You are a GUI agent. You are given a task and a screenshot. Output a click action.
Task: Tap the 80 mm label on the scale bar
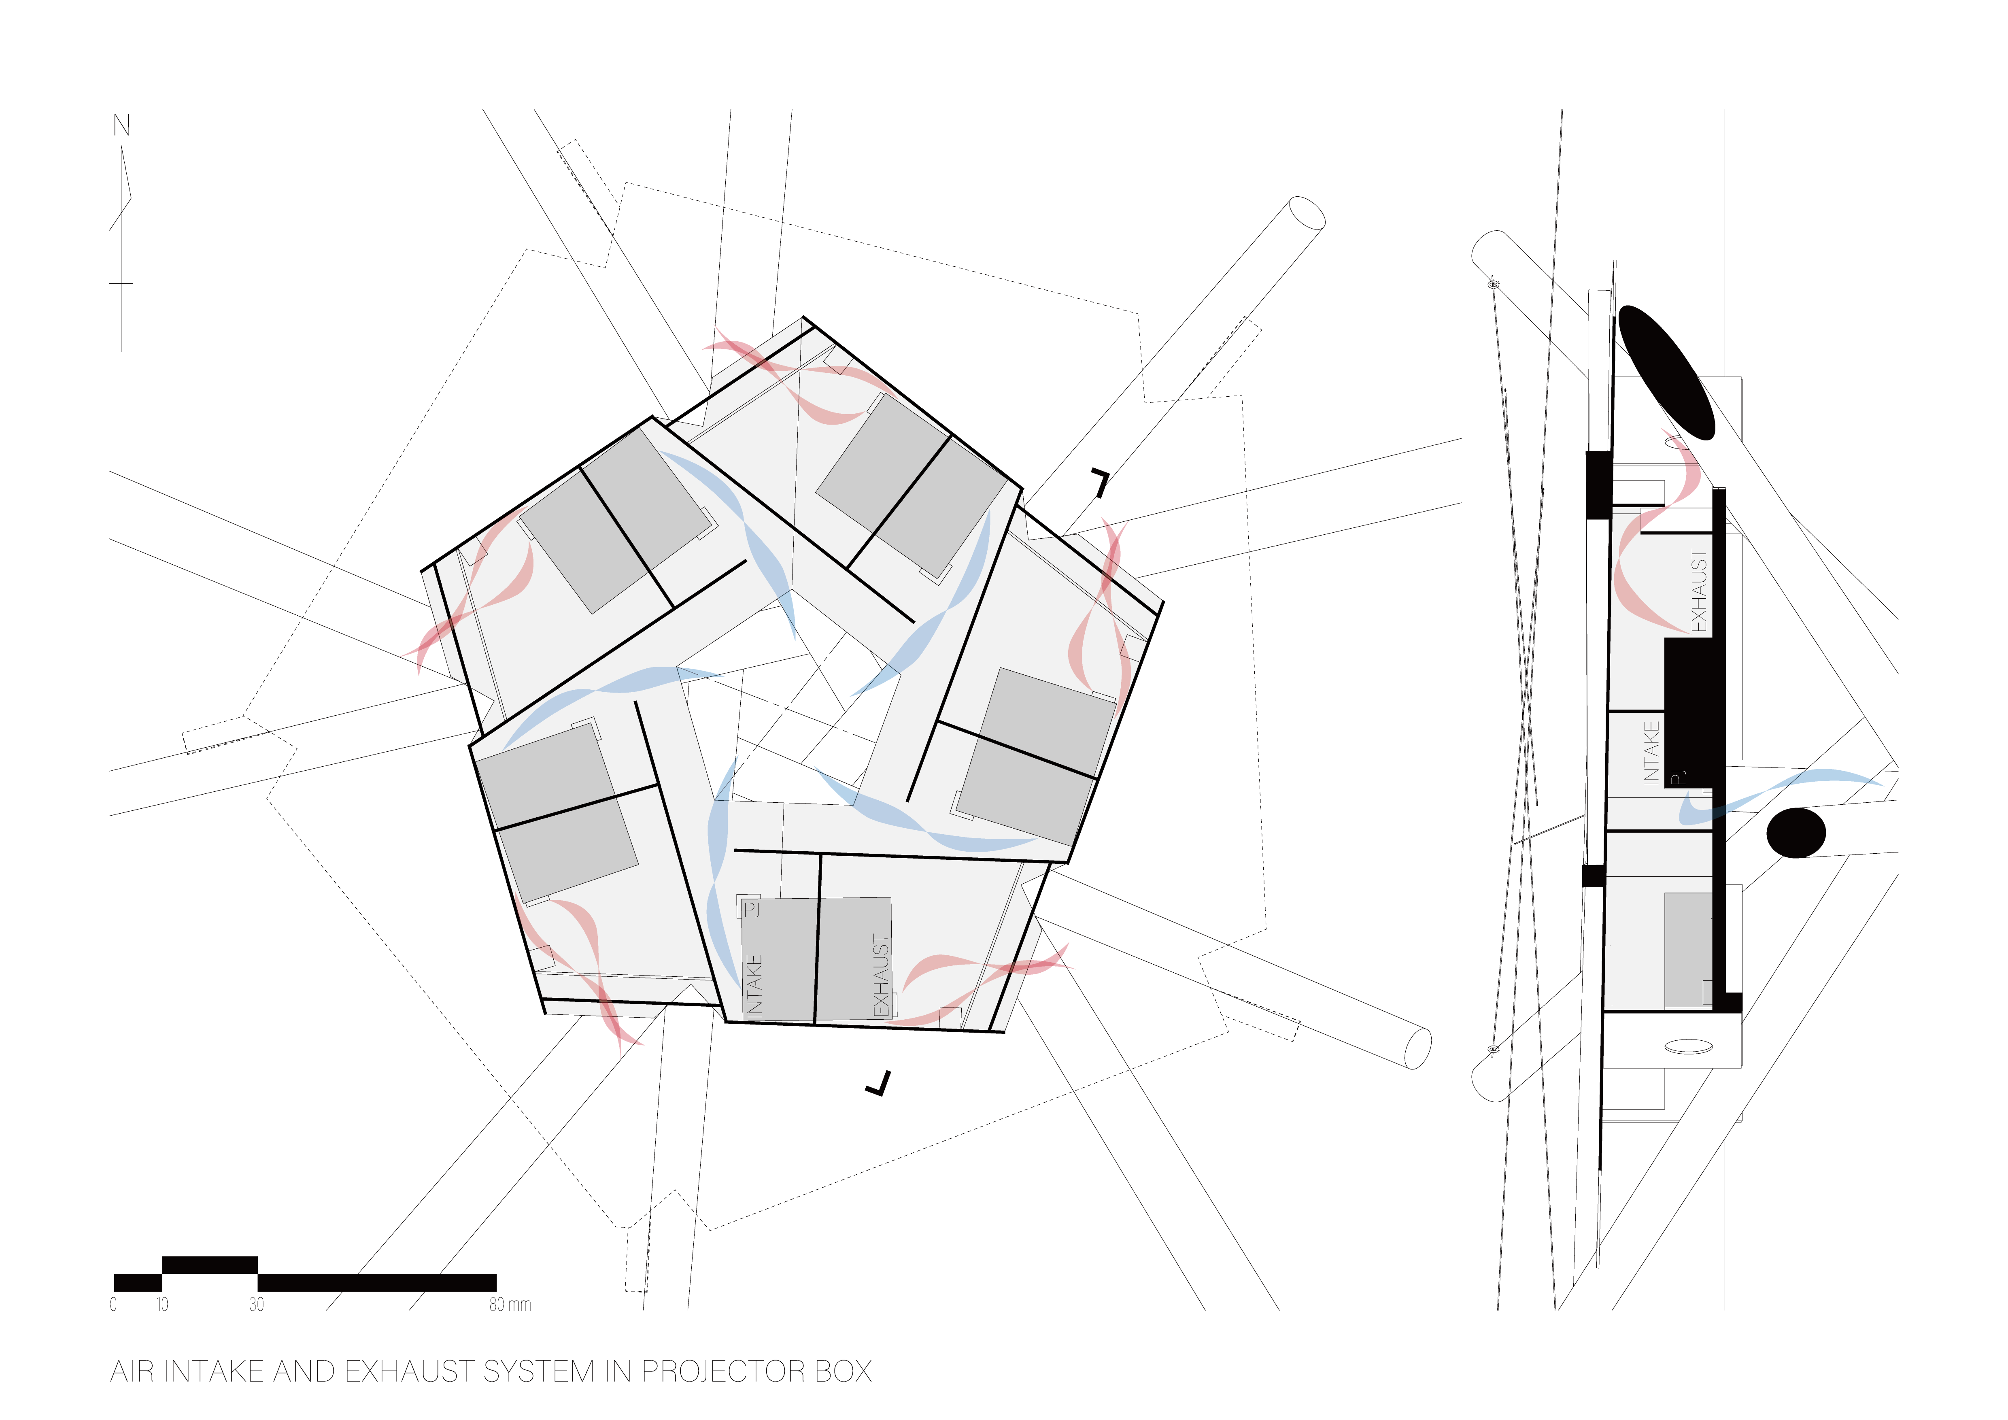pyautogui.click(x=510, y=1305)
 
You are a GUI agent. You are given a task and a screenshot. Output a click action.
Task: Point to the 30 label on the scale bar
pyautogui.click(x=256, y=1305)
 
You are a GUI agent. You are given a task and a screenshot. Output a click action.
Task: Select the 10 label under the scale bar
pyautogui.click(x=162, y=1305)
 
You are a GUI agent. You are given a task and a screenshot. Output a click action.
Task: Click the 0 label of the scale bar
pyautogui.click(x=114, y=1305)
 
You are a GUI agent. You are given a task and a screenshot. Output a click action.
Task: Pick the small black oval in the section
pyautogui.click(x=1796, y=832)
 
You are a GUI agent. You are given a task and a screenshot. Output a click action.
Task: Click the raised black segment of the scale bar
pyautogui.click(x=210, y=1265)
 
